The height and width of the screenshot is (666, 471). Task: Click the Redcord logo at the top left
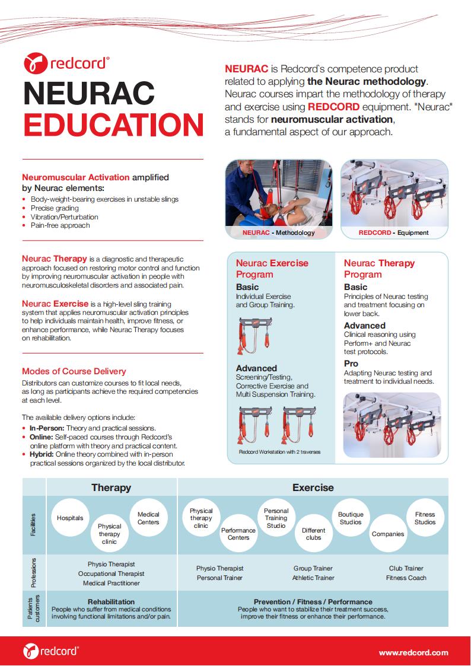[66, 62]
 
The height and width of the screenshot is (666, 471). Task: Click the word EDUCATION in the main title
[113, 124]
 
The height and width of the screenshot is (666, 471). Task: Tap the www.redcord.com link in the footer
[413, 652]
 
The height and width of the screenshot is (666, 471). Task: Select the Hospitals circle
[70, 518]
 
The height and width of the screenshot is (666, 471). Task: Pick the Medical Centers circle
[148, 518]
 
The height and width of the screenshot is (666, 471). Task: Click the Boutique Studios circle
[351, 518]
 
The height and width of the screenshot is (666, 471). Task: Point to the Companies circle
[388, 534]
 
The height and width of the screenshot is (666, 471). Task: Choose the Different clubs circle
[313, 534]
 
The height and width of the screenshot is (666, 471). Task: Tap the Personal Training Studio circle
[276, 518]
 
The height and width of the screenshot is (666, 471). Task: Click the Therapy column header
[111, 487]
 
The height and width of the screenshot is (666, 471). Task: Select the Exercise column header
[313, 487]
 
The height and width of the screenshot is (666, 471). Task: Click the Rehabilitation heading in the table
[111, 601]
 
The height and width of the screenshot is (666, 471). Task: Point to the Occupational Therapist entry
[111, 573]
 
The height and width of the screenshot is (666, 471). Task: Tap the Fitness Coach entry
[406, 578]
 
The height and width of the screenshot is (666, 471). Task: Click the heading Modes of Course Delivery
[74, 371]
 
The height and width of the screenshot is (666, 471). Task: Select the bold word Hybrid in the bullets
[41, 454]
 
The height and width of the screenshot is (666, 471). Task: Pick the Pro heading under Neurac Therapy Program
[351, 364]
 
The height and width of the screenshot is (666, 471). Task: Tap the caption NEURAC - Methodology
[279, 233]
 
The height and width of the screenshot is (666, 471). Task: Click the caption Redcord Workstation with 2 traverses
[279, 452]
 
